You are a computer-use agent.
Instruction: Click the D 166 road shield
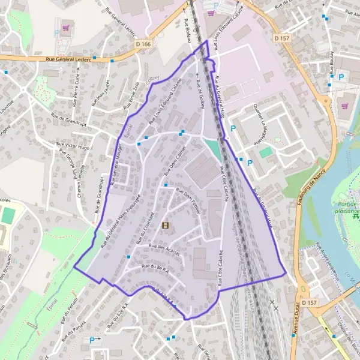[143, 44]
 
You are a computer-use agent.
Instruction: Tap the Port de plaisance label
[346, 206]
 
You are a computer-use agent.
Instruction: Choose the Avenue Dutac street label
[295, 334]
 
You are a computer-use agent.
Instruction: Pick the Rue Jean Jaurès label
[100, 93]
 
